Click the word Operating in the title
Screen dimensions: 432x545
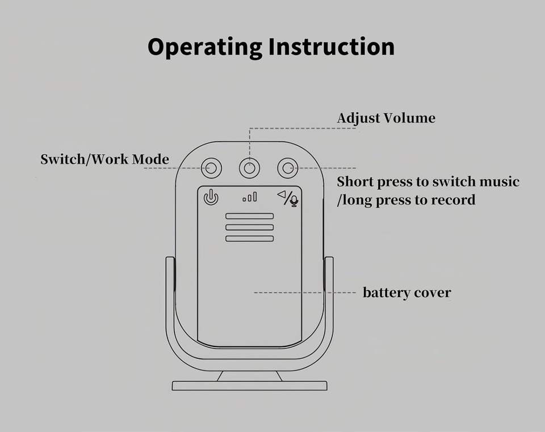click(x=205, y=47)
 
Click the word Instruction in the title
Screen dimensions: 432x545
click(x=331, y=46)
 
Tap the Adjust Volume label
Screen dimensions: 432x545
click(x=386, y=118)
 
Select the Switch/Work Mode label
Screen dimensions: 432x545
click(x=104, y=159)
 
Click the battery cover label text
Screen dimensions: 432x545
click(x=406, y=293)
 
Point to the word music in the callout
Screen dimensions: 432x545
click(x=498, y=182)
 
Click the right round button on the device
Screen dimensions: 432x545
click(x=288, y=168)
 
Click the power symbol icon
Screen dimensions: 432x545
click(x=211, y=197)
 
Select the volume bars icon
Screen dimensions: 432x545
click(x=250, y=197)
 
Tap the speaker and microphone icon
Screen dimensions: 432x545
click(x=288, y=197)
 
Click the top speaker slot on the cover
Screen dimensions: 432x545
click(x=250, y=216)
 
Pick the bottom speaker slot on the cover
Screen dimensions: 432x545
click(x=250, y=239)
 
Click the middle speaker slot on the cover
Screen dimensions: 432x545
click(x=250, y=227)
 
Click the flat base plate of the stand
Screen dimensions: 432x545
click(x=250, y=386)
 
